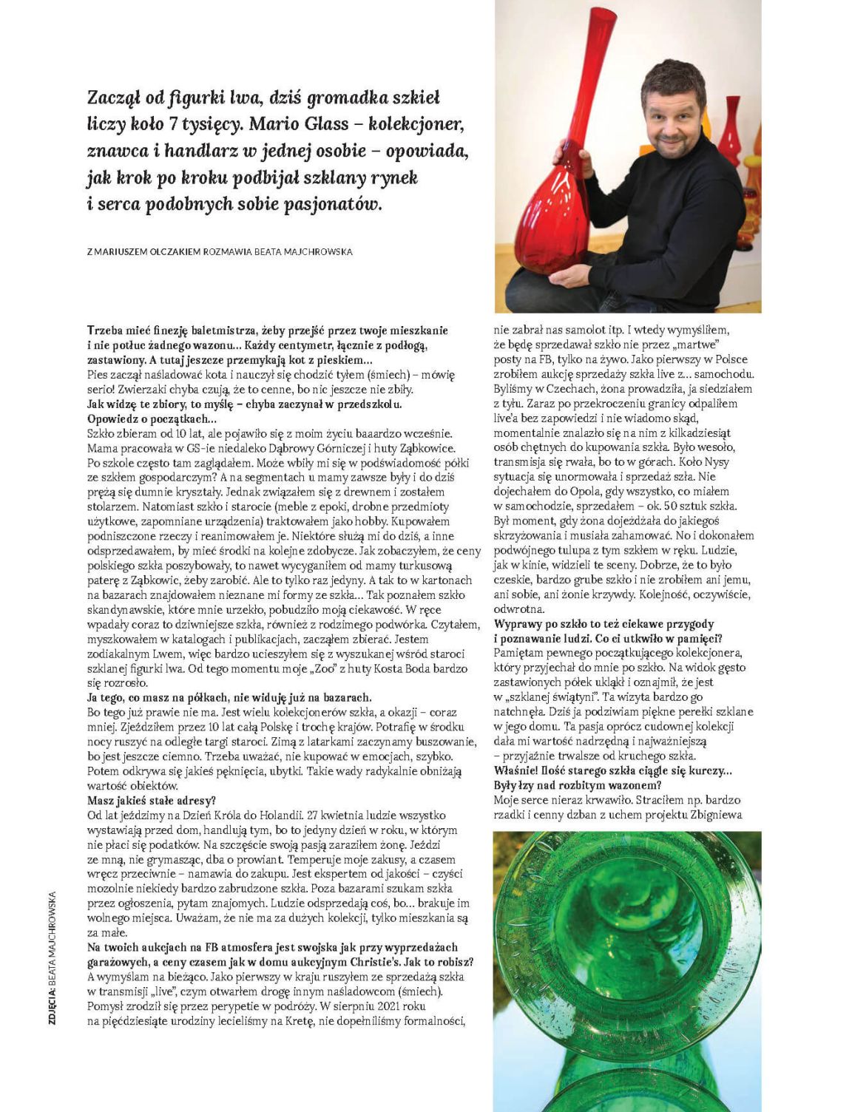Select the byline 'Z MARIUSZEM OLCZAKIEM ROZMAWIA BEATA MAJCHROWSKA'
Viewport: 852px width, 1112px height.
[x=220, y=251]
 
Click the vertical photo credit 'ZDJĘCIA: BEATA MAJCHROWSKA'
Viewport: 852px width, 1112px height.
[x=53, y=957]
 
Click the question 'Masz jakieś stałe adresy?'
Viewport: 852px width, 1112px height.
[x=152, y=801]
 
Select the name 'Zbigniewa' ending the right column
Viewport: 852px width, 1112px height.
[x=711, y=815]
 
